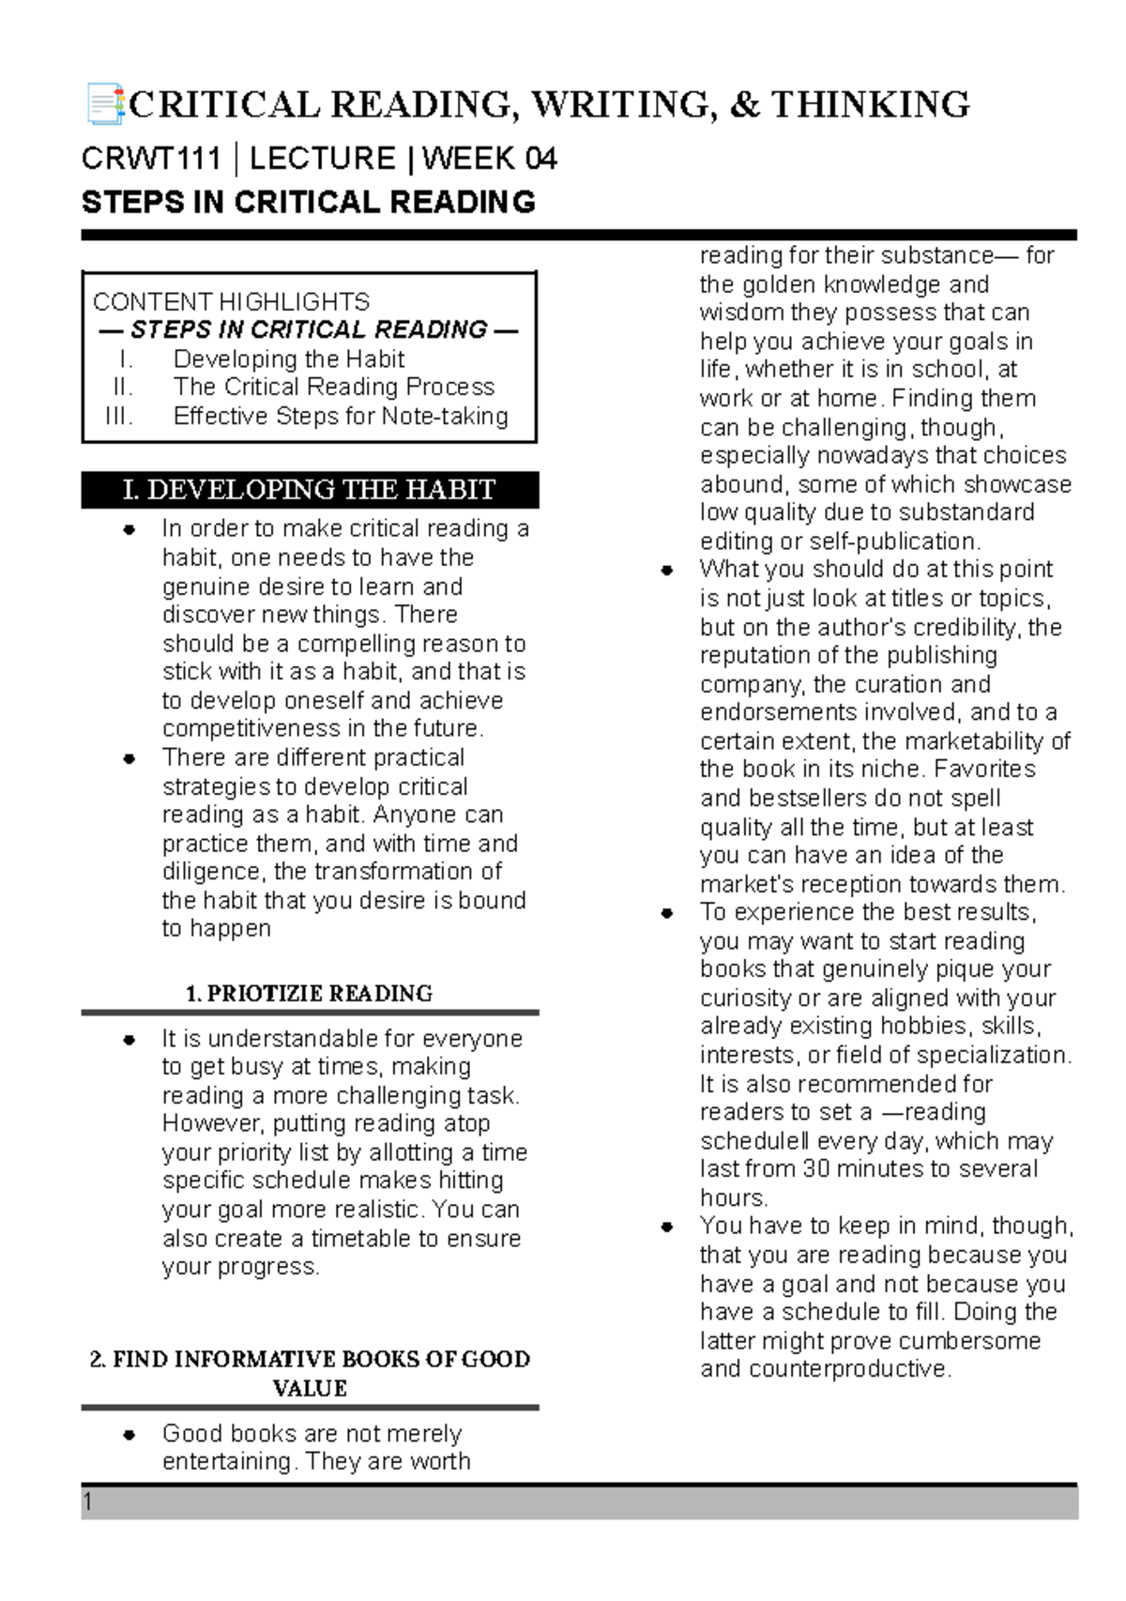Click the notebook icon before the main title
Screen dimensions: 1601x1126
tap(104, 104)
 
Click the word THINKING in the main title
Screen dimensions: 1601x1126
tap(870, 104)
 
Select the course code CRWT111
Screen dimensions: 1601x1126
tap(150, 159)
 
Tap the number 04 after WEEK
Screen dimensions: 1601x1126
tap(541, 159)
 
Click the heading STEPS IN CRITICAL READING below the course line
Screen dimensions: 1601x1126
tap(308, 202)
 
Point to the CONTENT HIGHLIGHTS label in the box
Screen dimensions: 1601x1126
tap(231, 302)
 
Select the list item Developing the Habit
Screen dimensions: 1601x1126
tap(288, 359)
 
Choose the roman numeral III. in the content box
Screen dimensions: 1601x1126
tap(119, 416)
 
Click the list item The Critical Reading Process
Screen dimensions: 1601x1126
tap(333, 387)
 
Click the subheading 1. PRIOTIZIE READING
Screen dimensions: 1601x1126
tap(309, 994)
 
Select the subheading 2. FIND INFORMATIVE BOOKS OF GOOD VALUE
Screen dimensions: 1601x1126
tap(309, 1373)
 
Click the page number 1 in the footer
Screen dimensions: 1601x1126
tap(88, 1502)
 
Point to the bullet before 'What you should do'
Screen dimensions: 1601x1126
tap(667, 571)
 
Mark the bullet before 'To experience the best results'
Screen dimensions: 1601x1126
tap(667, 913)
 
